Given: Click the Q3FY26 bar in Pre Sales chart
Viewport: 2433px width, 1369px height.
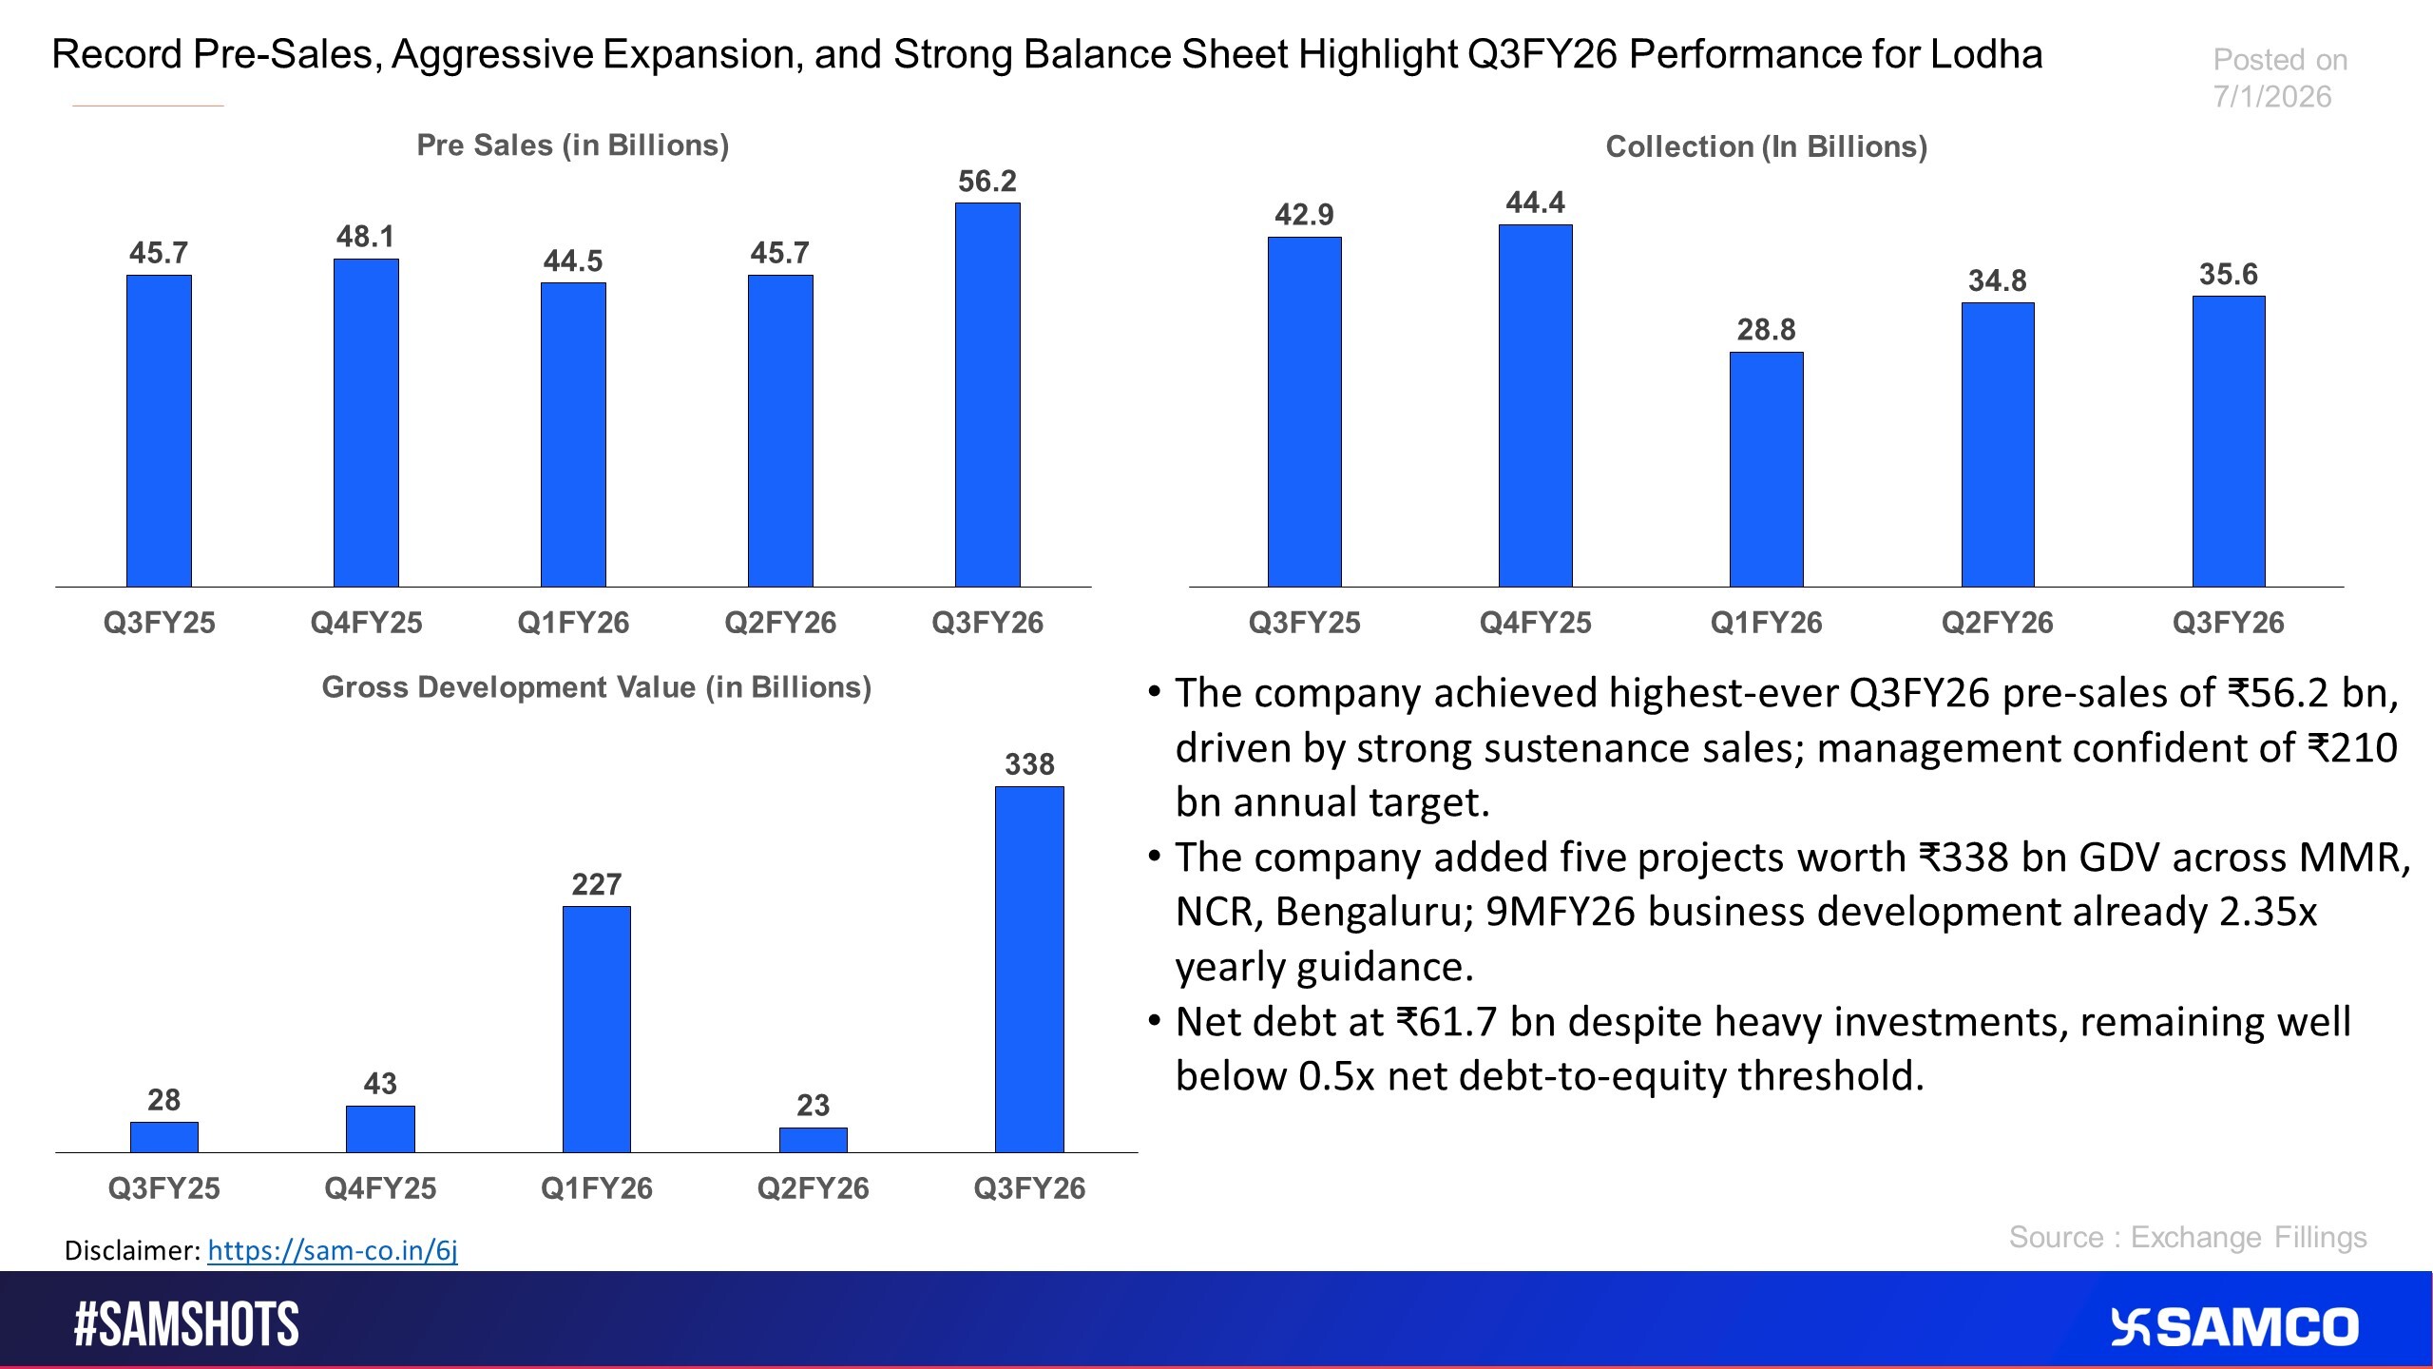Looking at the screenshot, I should point(987,395).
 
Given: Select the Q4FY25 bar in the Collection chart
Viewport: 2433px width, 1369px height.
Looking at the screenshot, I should point(1535,406).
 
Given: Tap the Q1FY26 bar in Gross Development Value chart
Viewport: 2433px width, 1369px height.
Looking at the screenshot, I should point(596,1029).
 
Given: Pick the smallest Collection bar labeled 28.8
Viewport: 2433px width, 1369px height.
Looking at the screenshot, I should point(1766,470).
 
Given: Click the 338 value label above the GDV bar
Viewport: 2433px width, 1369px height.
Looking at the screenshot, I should point(1029,764).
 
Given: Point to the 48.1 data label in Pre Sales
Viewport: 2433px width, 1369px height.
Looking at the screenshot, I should point(365,237).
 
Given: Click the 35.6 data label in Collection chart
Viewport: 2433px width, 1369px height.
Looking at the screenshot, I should point(2228,275).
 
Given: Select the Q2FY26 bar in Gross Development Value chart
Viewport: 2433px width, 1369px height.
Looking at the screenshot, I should point(813,1140).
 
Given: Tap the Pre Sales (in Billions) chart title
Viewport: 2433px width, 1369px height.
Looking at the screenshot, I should point(572,145).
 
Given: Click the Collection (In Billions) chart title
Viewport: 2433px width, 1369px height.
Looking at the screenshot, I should point(1766,146).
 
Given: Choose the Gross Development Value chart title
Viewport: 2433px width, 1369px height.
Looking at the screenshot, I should point(596,687).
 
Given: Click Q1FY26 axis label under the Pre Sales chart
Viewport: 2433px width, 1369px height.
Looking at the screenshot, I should point(572,623).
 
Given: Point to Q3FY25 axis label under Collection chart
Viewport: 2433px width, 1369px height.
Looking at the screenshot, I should point(1304,623).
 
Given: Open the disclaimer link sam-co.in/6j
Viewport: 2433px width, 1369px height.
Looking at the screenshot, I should point(332,1250).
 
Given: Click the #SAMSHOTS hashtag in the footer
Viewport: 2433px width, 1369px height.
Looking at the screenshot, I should point(186,1325).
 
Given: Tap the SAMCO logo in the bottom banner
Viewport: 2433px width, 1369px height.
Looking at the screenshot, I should point(2233,1327).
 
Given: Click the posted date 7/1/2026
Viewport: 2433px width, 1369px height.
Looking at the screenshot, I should point(2271,97).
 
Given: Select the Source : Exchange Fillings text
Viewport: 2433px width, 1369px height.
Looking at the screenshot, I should point(2187,1237).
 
